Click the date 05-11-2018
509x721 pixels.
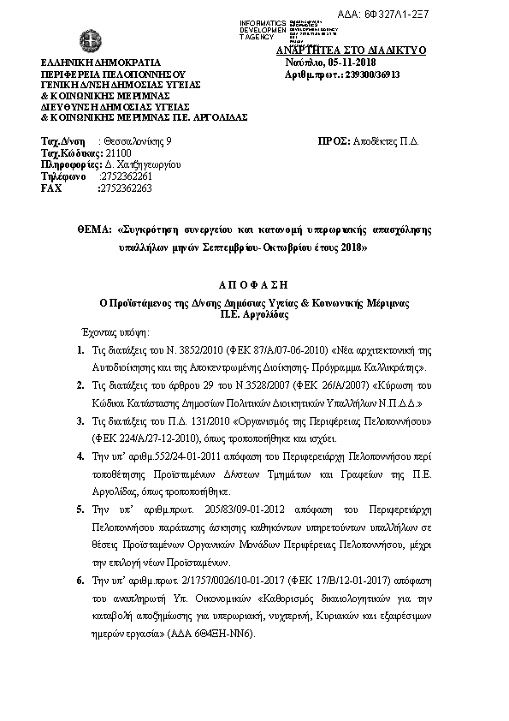point(358,63)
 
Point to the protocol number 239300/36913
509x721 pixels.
point(366,74)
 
